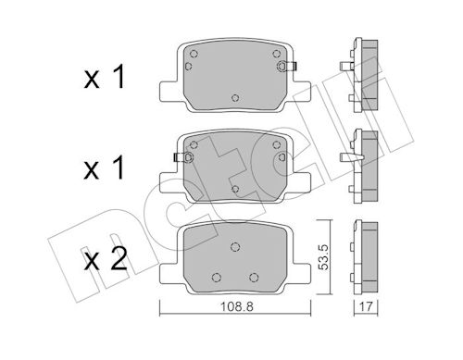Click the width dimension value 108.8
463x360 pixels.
[236, 306]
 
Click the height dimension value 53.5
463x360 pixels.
[323, 257]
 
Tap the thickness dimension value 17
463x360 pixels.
[366, 306]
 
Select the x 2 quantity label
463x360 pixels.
[106, 259]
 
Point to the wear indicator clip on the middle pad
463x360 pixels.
[183, 157]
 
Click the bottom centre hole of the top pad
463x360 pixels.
[235, 98]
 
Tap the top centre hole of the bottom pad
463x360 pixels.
[235, 247]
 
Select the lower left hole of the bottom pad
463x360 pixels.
[217, 278]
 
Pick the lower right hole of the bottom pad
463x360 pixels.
[254, 278]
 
